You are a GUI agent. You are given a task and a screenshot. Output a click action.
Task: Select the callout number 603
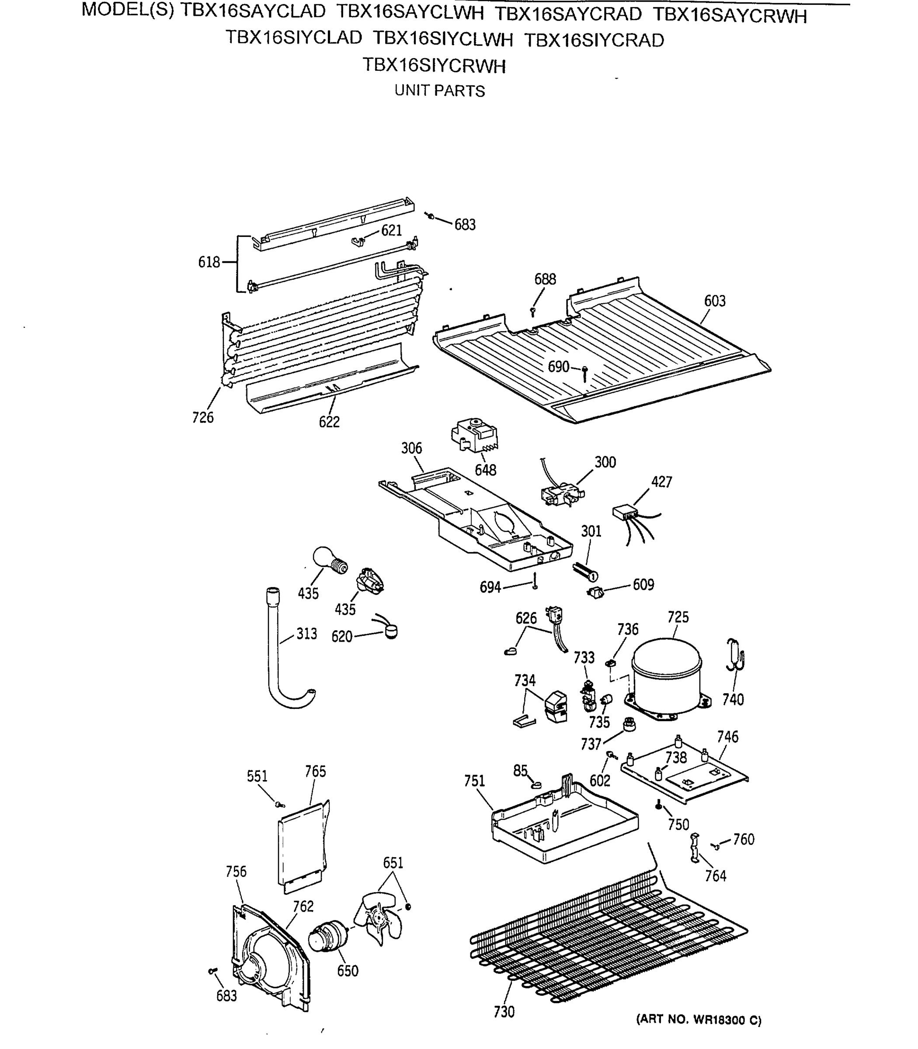coord(715,301)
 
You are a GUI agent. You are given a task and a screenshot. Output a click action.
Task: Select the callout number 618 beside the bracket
coord(209,262)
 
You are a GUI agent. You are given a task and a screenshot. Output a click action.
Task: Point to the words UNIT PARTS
coord(439,91)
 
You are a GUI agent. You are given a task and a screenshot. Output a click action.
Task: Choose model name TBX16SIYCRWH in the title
coord(434,66)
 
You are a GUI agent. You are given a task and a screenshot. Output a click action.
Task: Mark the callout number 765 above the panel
coord(315,771)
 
